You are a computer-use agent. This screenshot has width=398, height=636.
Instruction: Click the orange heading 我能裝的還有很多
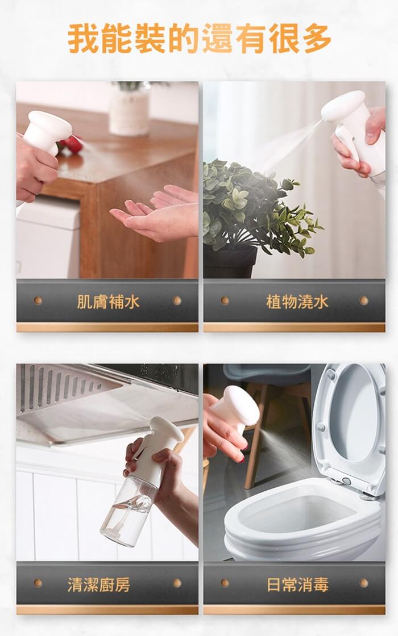(x=199, y=38)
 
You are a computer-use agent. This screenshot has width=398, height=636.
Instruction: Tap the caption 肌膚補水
(x=108, y=302)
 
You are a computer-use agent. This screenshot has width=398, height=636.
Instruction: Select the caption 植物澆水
(x=297, y=302)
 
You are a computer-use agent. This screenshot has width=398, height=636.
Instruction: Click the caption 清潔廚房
(x=99, y=584)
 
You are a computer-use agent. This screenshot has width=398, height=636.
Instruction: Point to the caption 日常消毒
(x=297, y=584)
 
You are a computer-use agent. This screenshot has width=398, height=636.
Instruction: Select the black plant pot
(x=230, y=262)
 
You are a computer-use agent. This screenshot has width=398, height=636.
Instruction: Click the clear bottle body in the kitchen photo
(x=129, y=511)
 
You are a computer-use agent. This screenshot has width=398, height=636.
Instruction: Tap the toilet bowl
(x=302, y=523)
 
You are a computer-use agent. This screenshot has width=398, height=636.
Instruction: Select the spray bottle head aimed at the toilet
(x=238, y=408)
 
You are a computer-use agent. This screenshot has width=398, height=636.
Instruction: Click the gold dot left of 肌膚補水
(x=38, y=300)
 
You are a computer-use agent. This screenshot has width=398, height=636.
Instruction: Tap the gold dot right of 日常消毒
(x=364, y=583)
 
